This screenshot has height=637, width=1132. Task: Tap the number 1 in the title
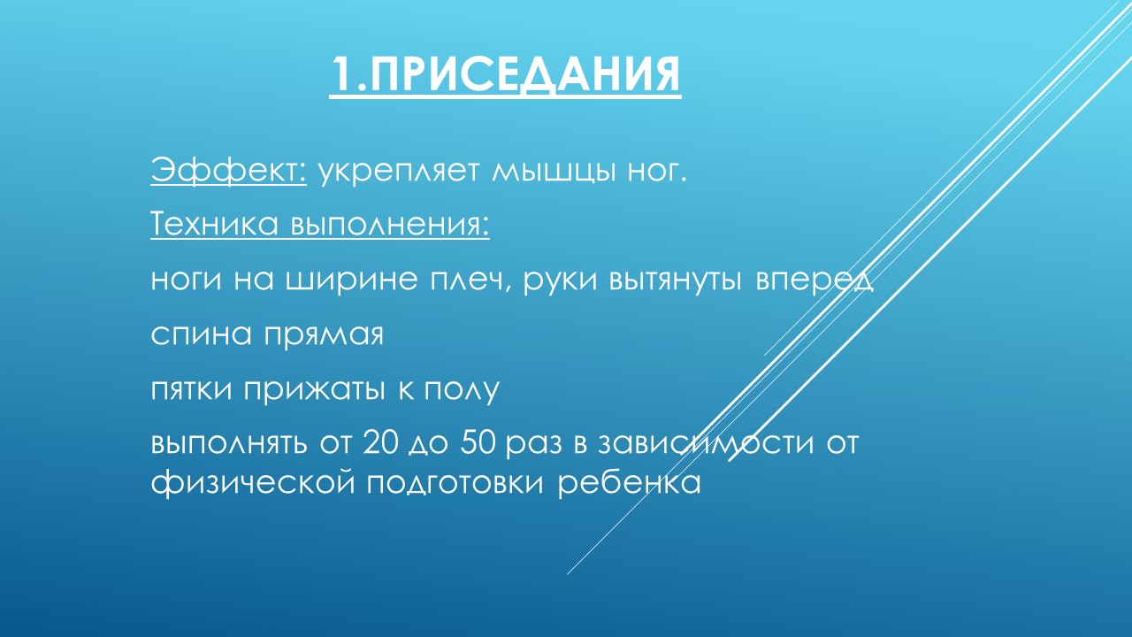(343, 74)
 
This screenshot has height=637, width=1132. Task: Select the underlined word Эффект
(228, 171)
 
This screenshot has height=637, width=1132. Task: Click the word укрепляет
(398, 173)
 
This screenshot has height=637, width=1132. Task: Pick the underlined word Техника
(214, 224)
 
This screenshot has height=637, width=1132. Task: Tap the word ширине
(352, 280)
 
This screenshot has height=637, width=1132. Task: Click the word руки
(560, 280)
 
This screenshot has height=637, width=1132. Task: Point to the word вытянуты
(676, 280)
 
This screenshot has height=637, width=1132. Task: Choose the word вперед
(815, 280)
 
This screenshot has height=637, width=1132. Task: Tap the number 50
(479, 443)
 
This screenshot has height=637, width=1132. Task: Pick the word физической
(253, 483)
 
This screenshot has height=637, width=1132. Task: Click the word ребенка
(630, 482)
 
